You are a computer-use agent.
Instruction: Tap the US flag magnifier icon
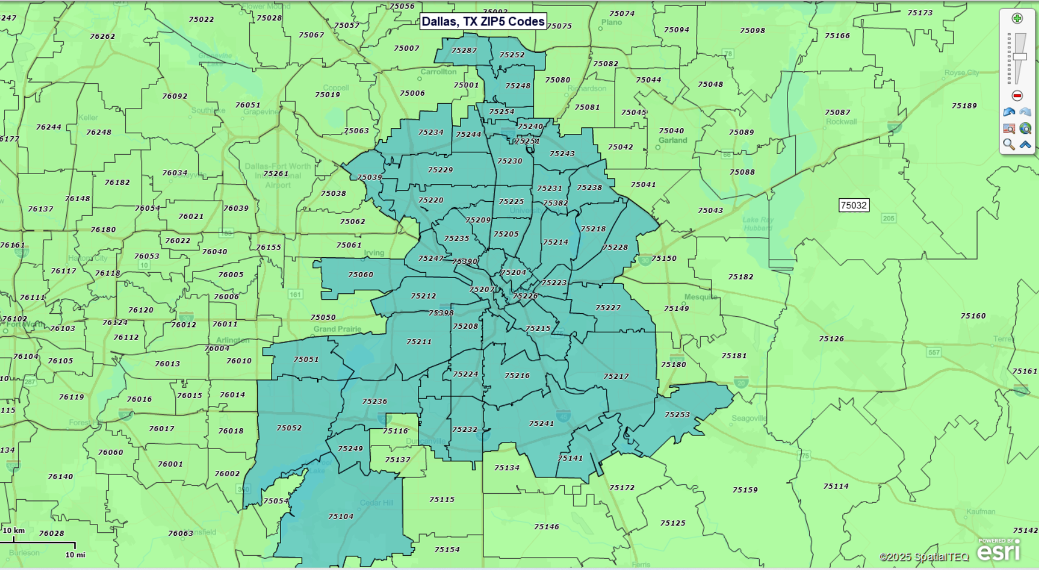coord(1009,129)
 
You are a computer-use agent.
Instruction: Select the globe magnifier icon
coord(1025,129)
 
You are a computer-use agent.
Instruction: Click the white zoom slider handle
coord(1020,56)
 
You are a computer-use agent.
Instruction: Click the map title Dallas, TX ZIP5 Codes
coord(483,21)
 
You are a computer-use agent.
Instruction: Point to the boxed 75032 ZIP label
coord(853,205)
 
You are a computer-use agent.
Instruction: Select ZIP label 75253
coord(677,415)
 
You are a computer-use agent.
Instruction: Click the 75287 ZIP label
coord(464,50)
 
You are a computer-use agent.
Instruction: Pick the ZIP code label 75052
coord(289,428)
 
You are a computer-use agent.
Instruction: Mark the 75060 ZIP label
coord(361,274)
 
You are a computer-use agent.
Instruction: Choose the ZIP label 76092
coord(175,96)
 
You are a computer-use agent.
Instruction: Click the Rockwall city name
coord(841,121)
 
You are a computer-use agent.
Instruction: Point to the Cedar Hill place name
coord(376,503)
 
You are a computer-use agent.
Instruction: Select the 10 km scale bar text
coord(14,530)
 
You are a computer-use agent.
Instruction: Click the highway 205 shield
coord(888,219)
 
